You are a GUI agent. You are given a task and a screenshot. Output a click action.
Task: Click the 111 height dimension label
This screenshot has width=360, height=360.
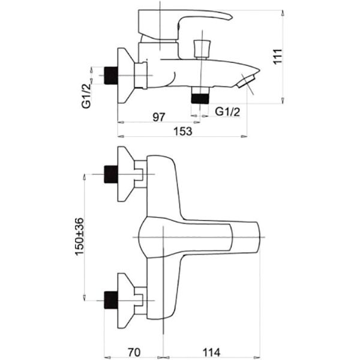[278, 56]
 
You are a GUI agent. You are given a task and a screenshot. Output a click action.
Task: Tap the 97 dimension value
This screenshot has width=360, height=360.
[159, 117]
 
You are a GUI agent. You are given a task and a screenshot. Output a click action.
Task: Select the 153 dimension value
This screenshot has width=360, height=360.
[183, 131]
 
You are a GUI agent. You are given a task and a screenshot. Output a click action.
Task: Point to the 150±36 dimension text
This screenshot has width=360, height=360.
[80, 236]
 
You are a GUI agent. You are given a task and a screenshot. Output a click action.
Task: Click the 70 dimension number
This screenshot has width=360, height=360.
[134, 352]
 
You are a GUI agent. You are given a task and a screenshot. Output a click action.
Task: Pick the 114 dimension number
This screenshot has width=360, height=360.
[211, 352]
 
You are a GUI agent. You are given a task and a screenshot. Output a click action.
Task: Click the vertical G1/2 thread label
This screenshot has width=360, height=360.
[86, 96]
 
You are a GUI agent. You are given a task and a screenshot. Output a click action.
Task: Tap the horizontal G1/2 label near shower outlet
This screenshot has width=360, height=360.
[227, 112]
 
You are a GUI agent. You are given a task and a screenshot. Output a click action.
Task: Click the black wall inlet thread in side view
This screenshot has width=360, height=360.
[111, 76]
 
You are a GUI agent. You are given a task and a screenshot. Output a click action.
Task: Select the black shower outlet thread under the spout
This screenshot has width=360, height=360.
[200, 98]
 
